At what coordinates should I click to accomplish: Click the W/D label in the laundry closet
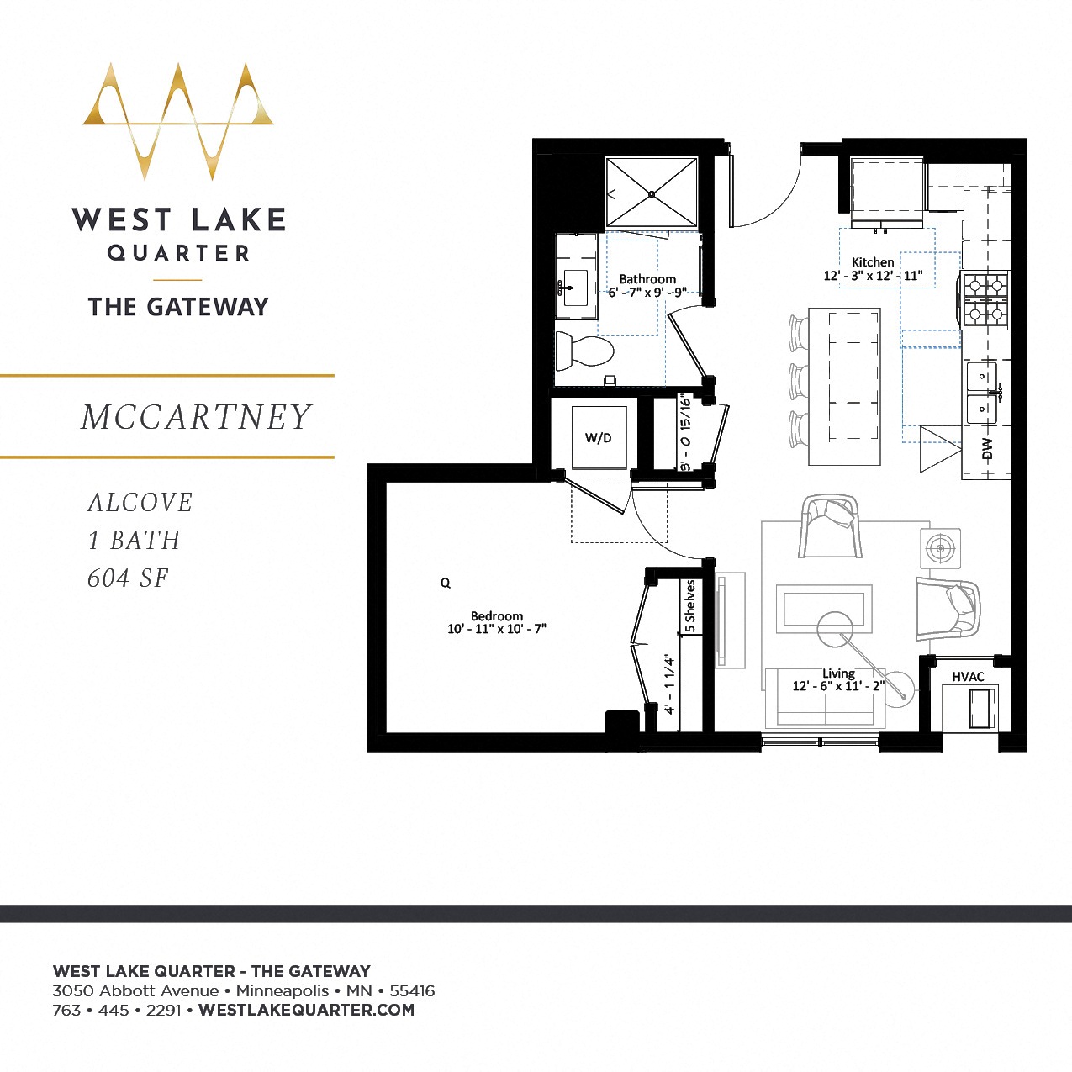click(x=599, y=438)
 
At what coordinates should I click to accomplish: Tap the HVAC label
click(x=968, y=677)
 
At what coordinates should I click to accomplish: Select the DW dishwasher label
click(x=987, y=449)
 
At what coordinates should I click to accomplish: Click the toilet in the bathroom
click(x=585, y=351)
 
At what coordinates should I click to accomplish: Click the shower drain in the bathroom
click(x=652, y=194)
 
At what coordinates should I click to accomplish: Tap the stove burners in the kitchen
click(x=985, y=299)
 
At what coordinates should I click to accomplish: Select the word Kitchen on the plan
click(x=873, y=262)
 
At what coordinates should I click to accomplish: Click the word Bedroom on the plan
click(x=497, y=616)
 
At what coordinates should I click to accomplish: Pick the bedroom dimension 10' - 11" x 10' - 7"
click(x=497, y=629)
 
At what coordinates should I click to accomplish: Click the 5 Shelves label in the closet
click(x=690, y=606)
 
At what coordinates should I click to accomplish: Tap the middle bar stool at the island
click(x=798, y=381)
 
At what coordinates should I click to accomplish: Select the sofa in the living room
click(x=826, y=697)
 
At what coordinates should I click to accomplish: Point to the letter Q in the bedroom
click(x=446, y=583)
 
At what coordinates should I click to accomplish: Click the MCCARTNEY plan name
click(x=197, y=417)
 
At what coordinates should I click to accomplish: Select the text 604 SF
click(x=128, y=578)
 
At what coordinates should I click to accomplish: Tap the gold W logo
click(x=178, y=119)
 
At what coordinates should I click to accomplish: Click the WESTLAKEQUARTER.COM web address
click(x=306, y=1010)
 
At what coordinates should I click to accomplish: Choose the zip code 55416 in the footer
click(x=412, y=990)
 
